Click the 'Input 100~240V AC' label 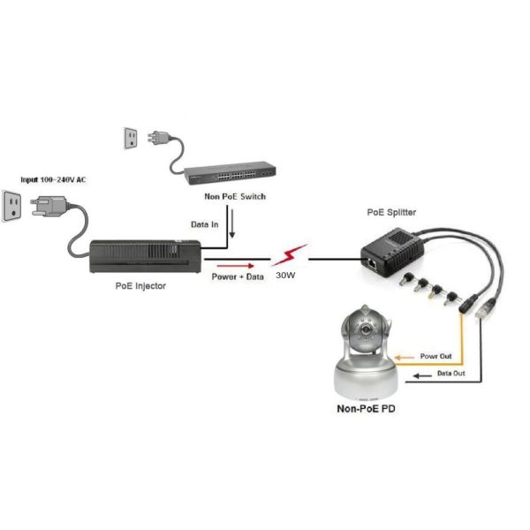click(54, 179)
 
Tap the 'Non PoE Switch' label click(235, 196)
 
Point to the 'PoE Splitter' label click(391, 213)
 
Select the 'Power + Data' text click(237, 276)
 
